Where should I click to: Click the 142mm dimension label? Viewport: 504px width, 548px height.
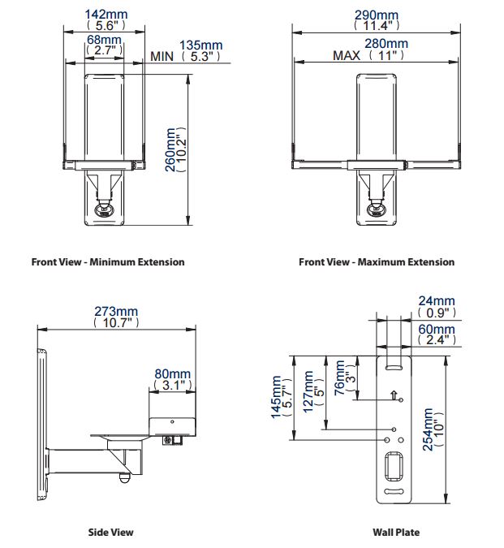pyautogui.click(x=105, y=14)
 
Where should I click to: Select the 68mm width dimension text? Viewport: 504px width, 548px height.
pyautogui.click(x=105, y=40)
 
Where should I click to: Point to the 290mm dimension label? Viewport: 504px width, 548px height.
pyautogui.click(x=377, y=15)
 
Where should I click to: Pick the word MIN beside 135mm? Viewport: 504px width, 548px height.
pyautogui.click(x=162, y=57)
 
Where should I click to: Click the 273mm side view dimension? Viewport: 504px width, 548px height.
pyautogui.click(x=117, y=311)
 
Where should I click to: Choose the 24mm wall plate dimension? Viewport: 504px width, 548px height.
pyautogui.click(x=437, y=301)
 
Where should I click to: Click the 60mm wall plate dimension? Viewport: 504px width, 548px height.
pyautogui.click(x=437, y=330)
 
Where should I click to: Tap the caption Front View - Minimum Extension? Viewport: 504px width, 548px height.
pyautogui.click(x=108, y=262)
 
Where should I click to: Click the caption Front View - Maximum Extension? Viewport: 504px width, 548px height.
pyautogui.click(x=377, y=262)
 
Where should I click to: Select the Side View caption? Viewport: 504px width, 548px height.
pyautogui.click(x=110, y=533)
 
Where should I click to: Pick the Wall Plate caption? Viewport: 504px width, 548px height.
pyautogui.click(x=396, y=533)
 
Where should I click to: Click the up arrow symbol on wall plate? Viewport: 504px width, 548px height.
pyautogui.click(x=394, y=396)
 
